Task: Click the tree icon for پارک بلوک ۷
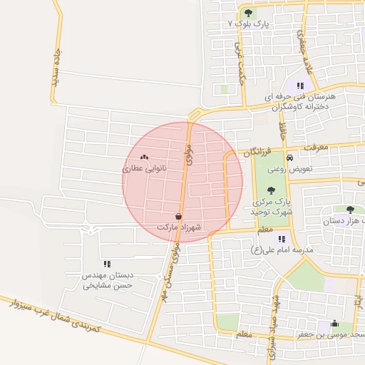(x=248, y=13)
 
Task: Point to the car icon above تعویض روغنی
(x=289, y=158)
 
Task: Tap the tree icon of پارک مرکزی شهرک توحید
(x=270, y=190)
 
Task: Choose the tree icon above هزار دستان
(x=349, y=210)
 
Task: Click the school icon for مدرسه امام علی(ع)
(x=282, y=239)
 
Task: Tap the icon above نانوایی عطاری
(x=145, y=158)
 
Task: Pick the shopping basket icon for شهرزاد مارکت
(x=178, y=216)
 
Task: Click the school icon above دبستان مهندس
(x=107, y=264)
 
